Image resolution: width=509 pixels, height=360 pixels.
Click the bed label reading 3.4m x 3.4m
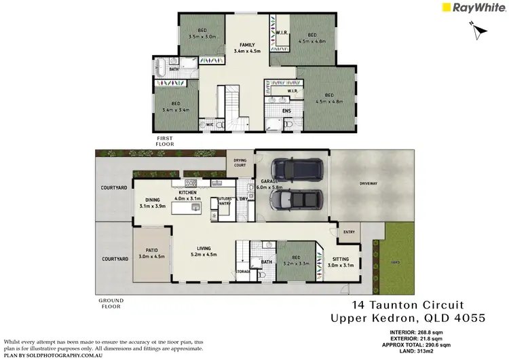(175, 107)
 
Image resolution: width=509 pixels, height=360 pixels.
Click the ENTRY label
(349, 232)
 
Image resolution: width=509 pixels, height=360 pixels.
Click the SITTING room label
(341, 262)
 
